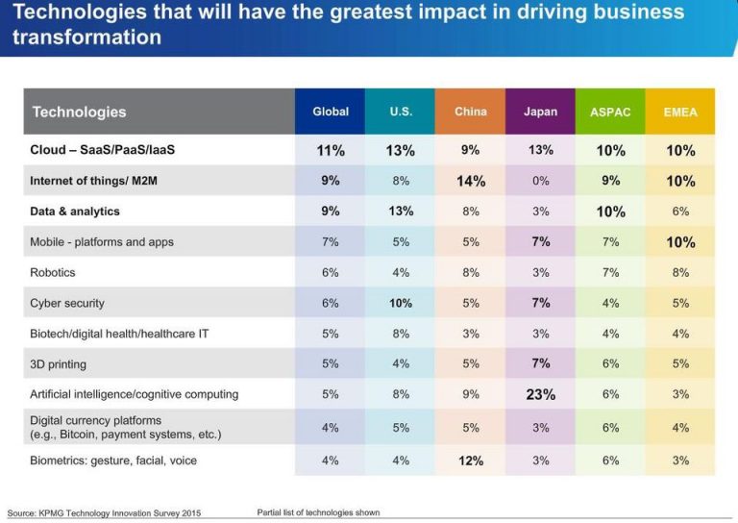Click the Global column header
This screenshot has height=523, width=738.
pos(331,112)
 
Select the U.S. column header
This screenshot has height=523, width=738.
pos(401,112)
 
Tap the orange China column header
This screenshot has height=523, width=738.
pos(471,112)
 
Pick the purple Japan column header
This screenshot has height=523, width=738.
pos(540,112)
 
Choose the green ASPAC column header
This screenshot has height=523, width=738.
pos(610,112)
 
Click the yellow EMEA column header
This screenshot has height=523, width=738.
pos(680,112)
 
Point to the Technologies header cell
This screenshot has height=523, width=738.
pos(79,112)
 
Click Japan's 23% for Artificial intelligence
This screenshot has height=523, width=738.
pos(540,394)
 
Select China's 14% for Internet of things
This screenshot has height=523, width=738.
pos(471,181)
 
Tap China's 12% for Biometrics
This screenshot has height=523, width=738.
pos(471,461)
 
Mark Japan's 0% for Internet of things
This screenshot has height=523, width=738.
pos(540,181)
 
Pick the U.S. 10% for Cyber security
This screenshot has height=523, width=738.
pos(401,303)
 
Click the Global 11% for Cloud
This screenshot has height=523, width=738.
pos(331,150)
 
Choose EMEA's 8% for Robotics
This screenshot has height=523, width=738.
pos(680,272)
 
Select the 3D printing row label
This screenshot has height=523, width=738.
pos(58,363)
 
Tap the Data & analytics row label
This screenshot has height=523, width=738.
pos(75,211)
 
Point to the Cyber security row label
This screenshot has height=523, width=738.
pos(67,303)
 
